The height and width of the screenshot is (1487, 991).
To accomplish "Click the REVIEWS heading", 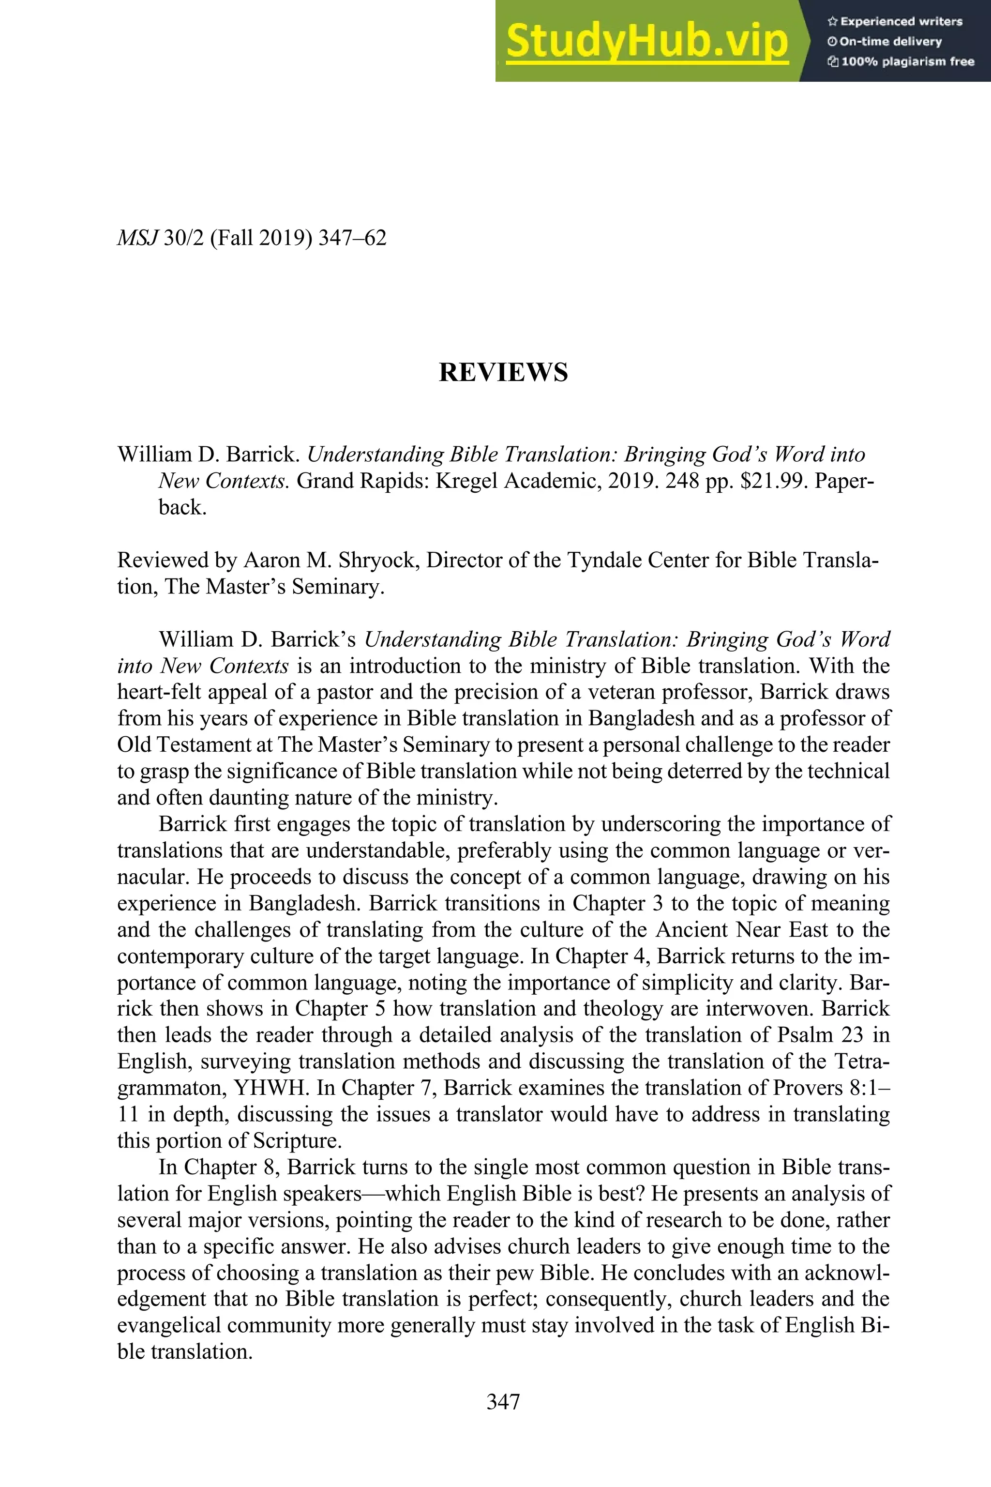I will pos(503,372).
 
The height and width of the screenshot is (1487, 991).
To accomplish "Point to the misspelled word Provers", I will pos(807,1088).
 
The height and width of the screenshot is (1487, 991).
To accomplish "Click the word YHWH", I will pos(271,1088).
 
